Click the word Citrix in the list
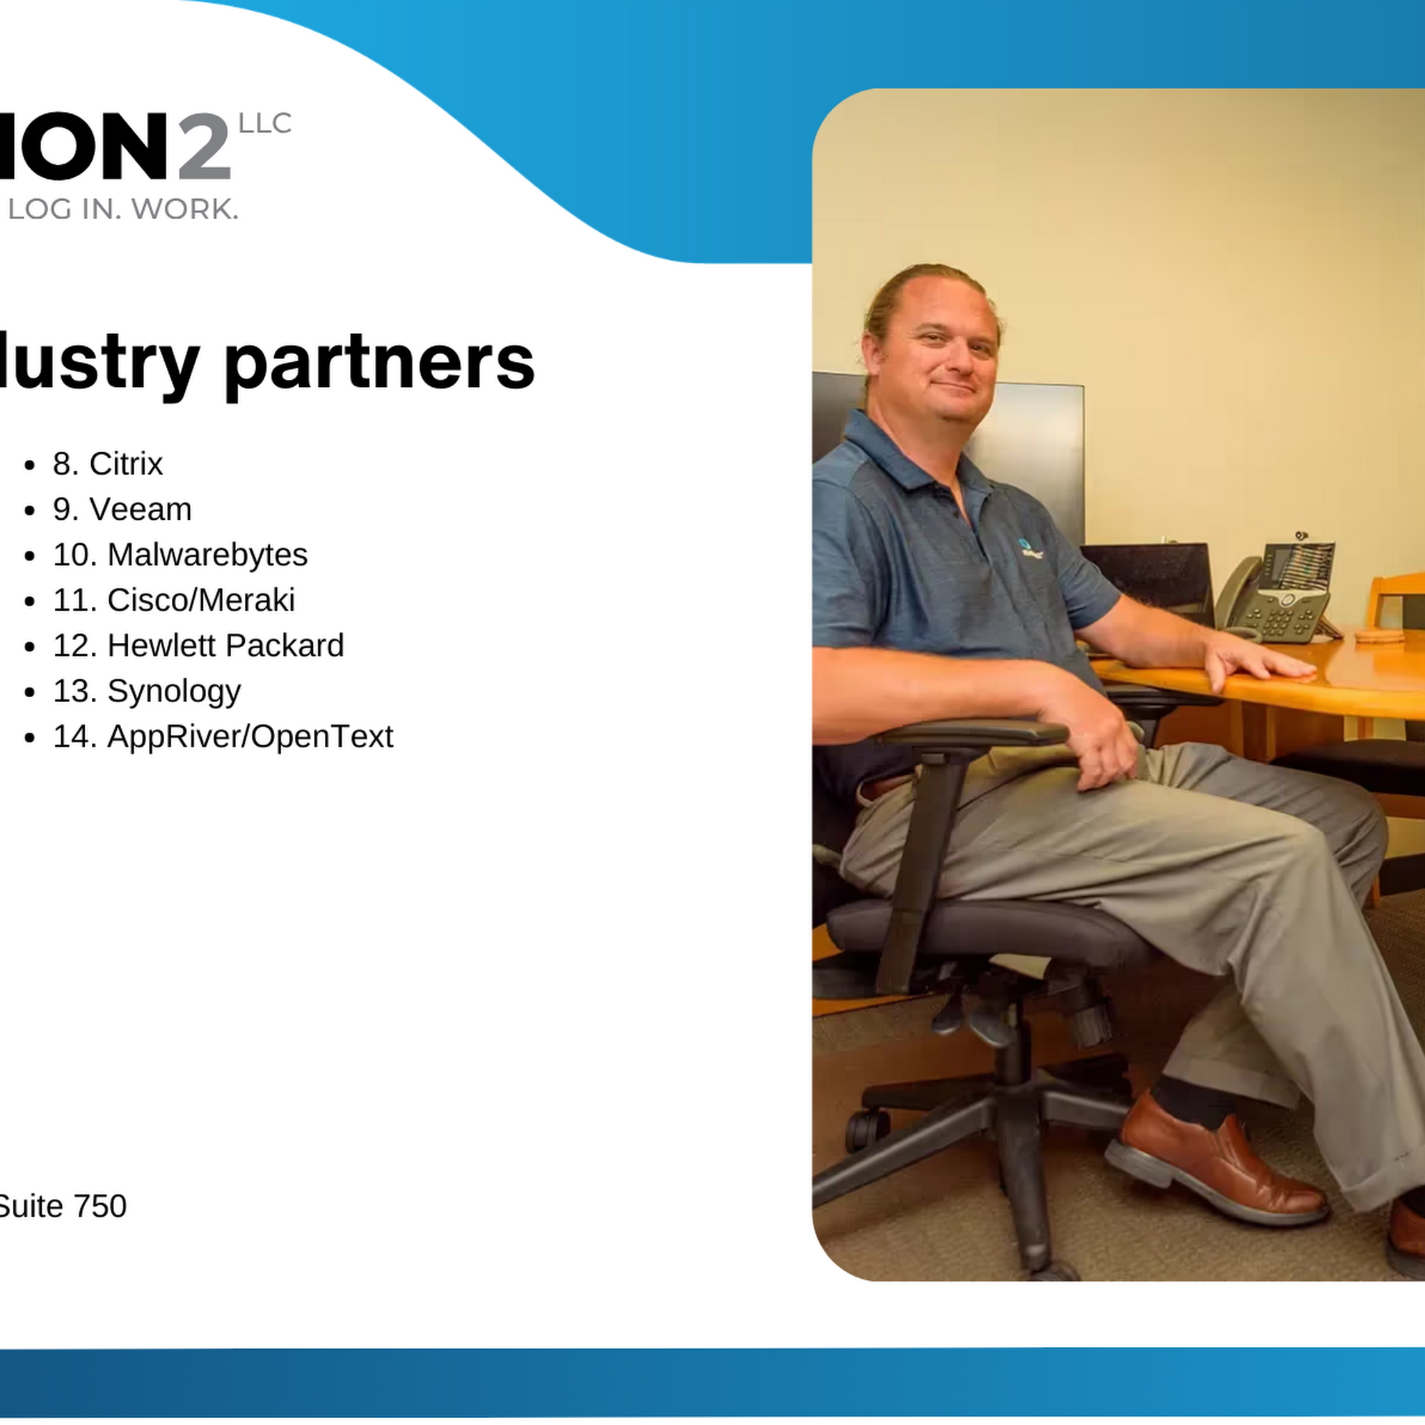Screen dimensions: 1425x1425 [126, 464]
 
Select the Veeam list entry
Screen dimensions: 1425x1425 [122, 509]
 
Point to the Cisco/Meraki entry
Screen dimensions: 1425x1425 [174, 600]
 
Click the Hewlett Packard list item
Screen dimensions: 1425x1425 [198, 646]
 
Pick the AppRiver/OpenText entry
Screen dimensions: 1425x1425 [223, 737]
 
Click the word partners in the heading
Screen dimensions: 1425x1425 [379, 364]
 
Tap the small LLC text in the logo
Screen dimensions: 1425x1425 [265, 124]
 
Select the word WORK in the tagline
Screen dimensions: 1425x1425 [185, 209]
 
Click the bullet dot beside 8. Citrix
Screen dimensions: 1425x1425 [29, 465]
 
